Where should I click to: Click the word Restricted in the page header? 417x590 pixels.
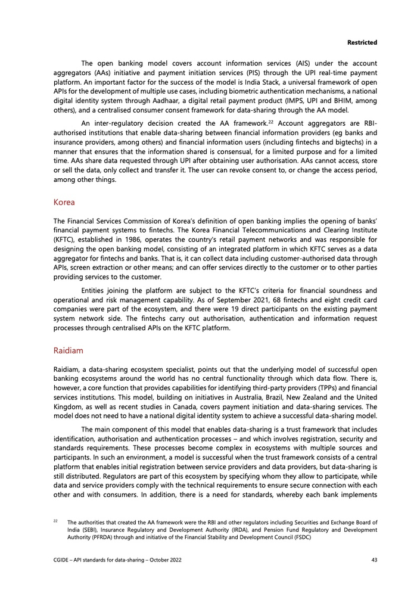point(362,43)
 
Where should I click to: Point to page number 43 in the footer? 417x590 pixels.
point(374,560)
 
